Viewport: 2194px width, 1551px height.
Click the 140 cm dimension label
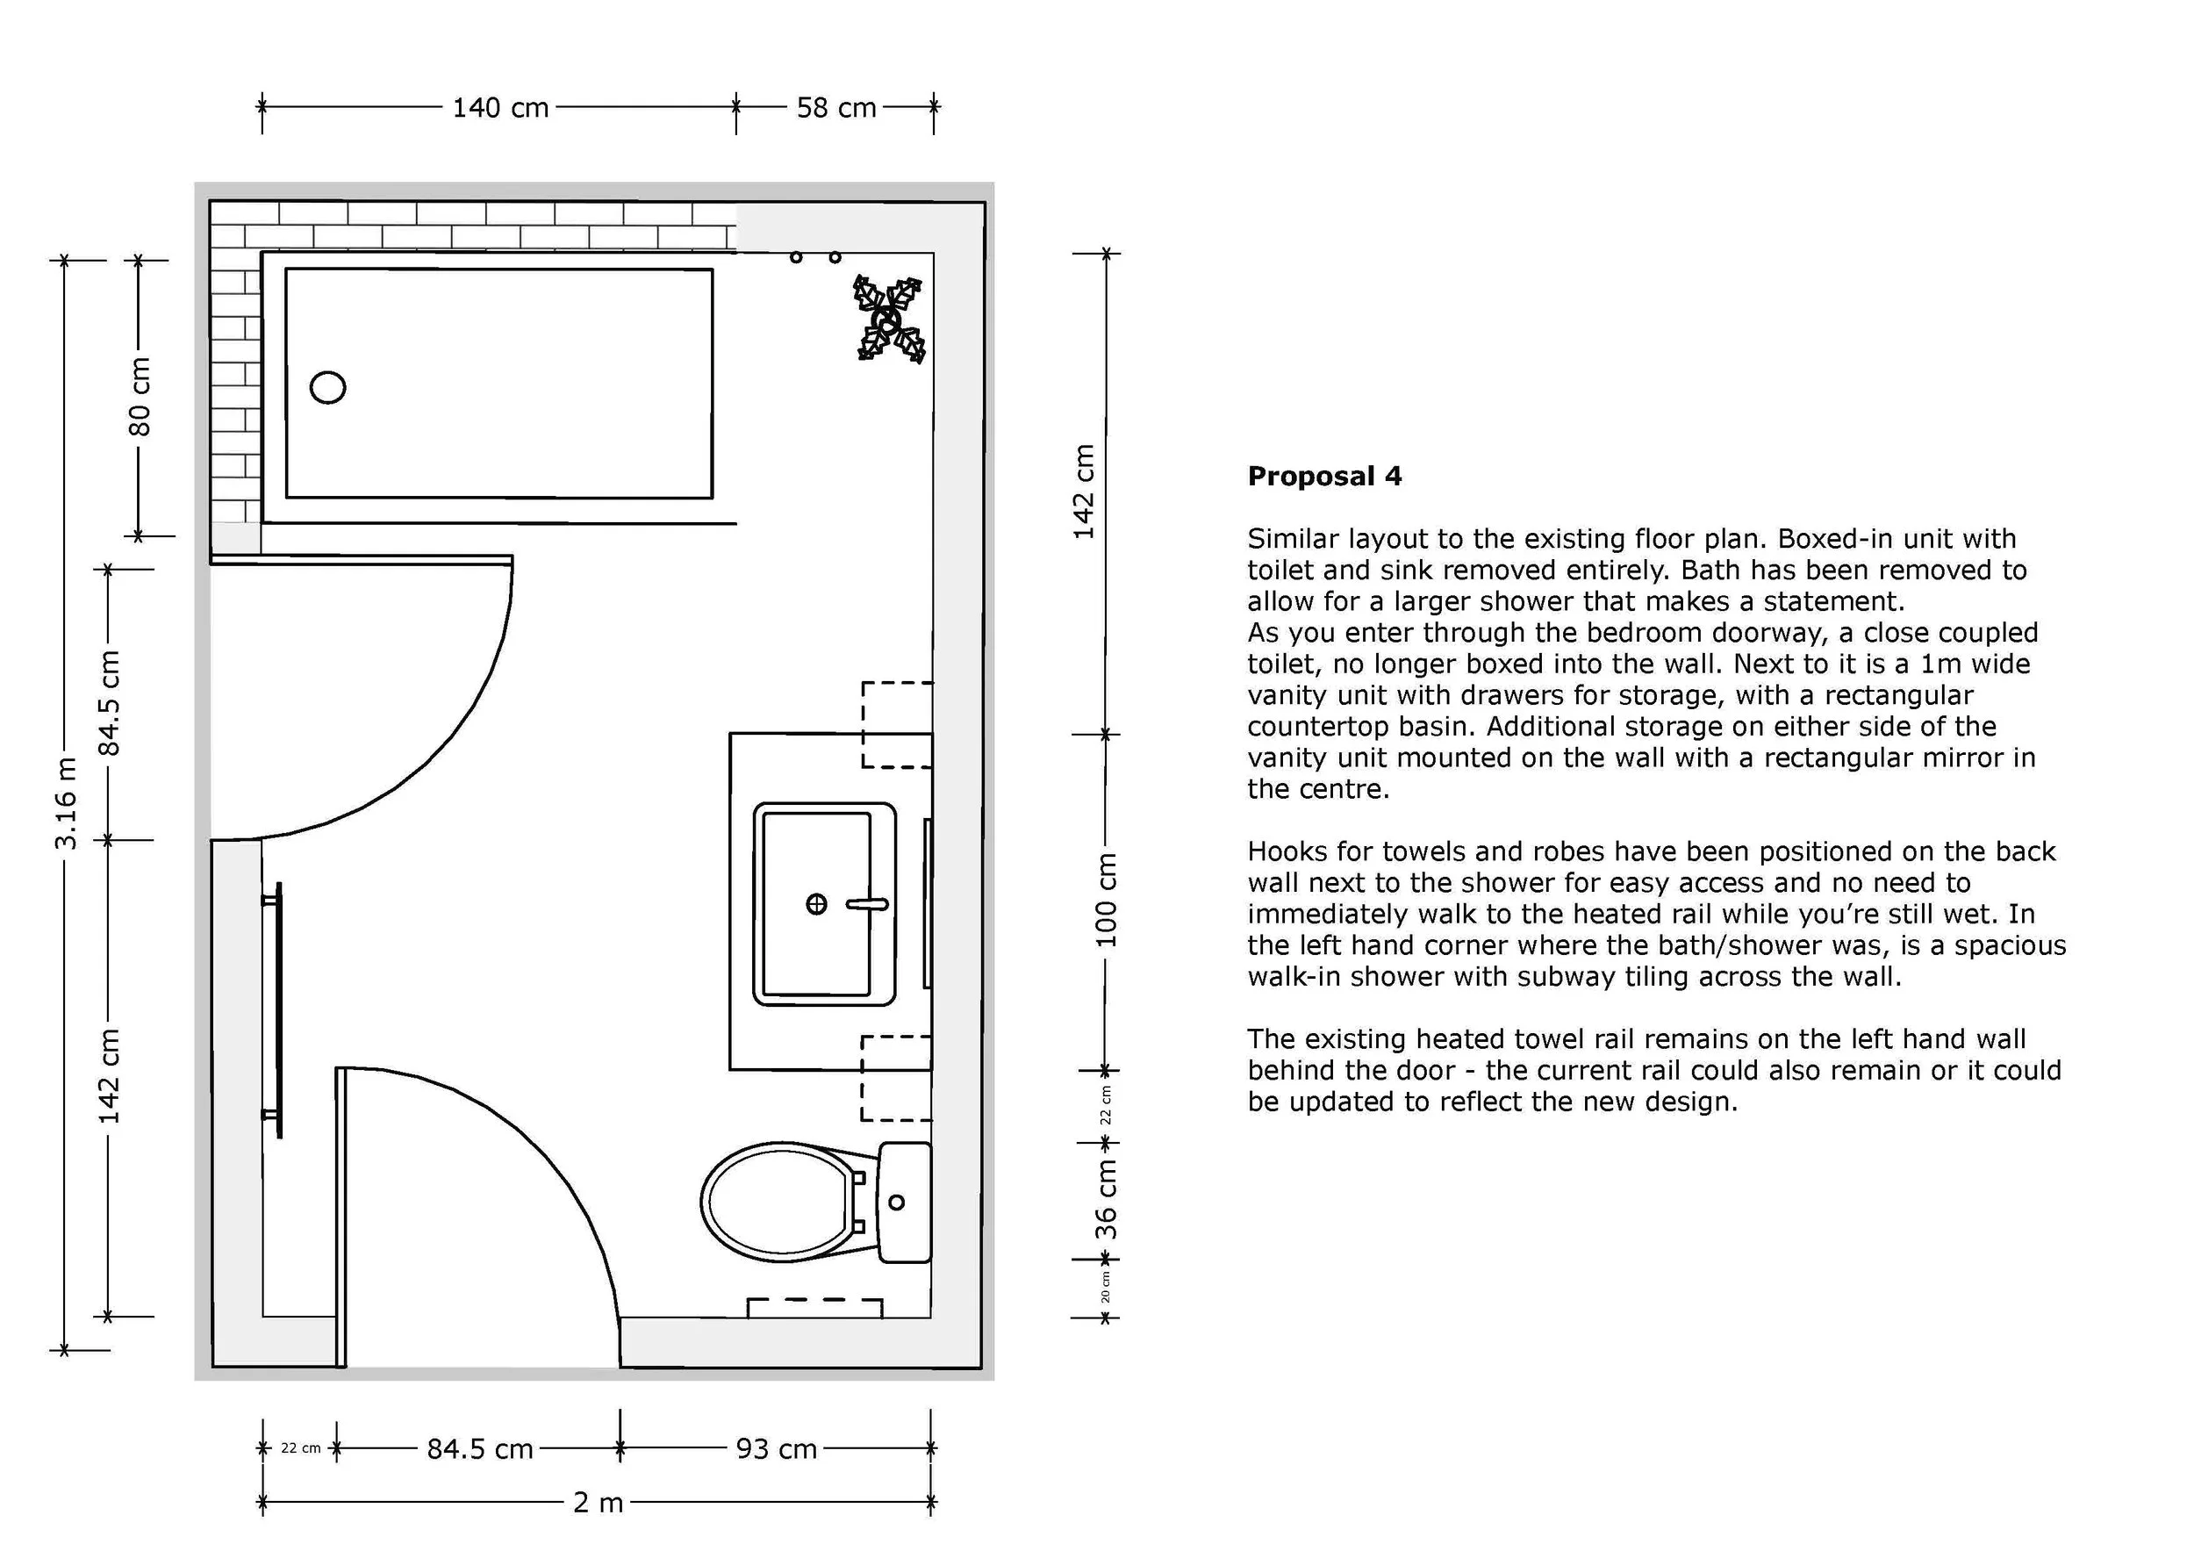pyautogui.click(x=501, y=107)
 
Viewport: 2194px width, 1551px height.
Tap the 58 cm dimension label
pyautogui.click(x=836, y=107)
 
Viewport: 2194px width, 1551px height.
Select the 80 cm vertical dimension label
pyautogui.click(x=140, y=397)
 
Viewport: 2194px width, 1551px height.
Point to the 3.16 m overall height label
pyautogui.click(x=66, y=804)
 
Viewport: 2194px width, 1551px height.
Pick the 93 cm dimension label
pyautogui.click(x=776, y=1450)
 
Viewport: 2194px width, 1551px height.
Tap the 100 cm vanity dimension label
pyautogui.click(x=1106, y=901)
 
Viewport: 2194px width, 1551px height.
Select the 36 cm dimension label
pyautogui.click(x=1106, y=1199)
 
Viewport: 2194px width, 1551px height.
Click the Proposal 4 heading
pyautogui.click(x=1324, y=476)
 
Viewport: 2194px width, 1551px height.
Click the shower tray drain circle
pyautogui.click(x=327, y=387)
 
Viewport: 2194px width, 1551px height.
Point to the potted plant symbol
pyautogui.click(x=890, y=320)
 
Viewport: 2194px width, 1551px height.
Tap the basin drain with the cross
pyautogui.click(x=816, y=904)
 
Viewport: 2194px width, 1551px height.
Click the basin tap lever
pyautogui.click(x=867, y=904)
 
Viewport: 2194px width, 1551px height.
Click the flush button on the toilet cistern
pyautogui.click(x=896, y=1203)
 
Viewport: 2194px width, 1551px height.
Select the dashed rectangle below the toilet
pyautogui.click(x=814, y=1308)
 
